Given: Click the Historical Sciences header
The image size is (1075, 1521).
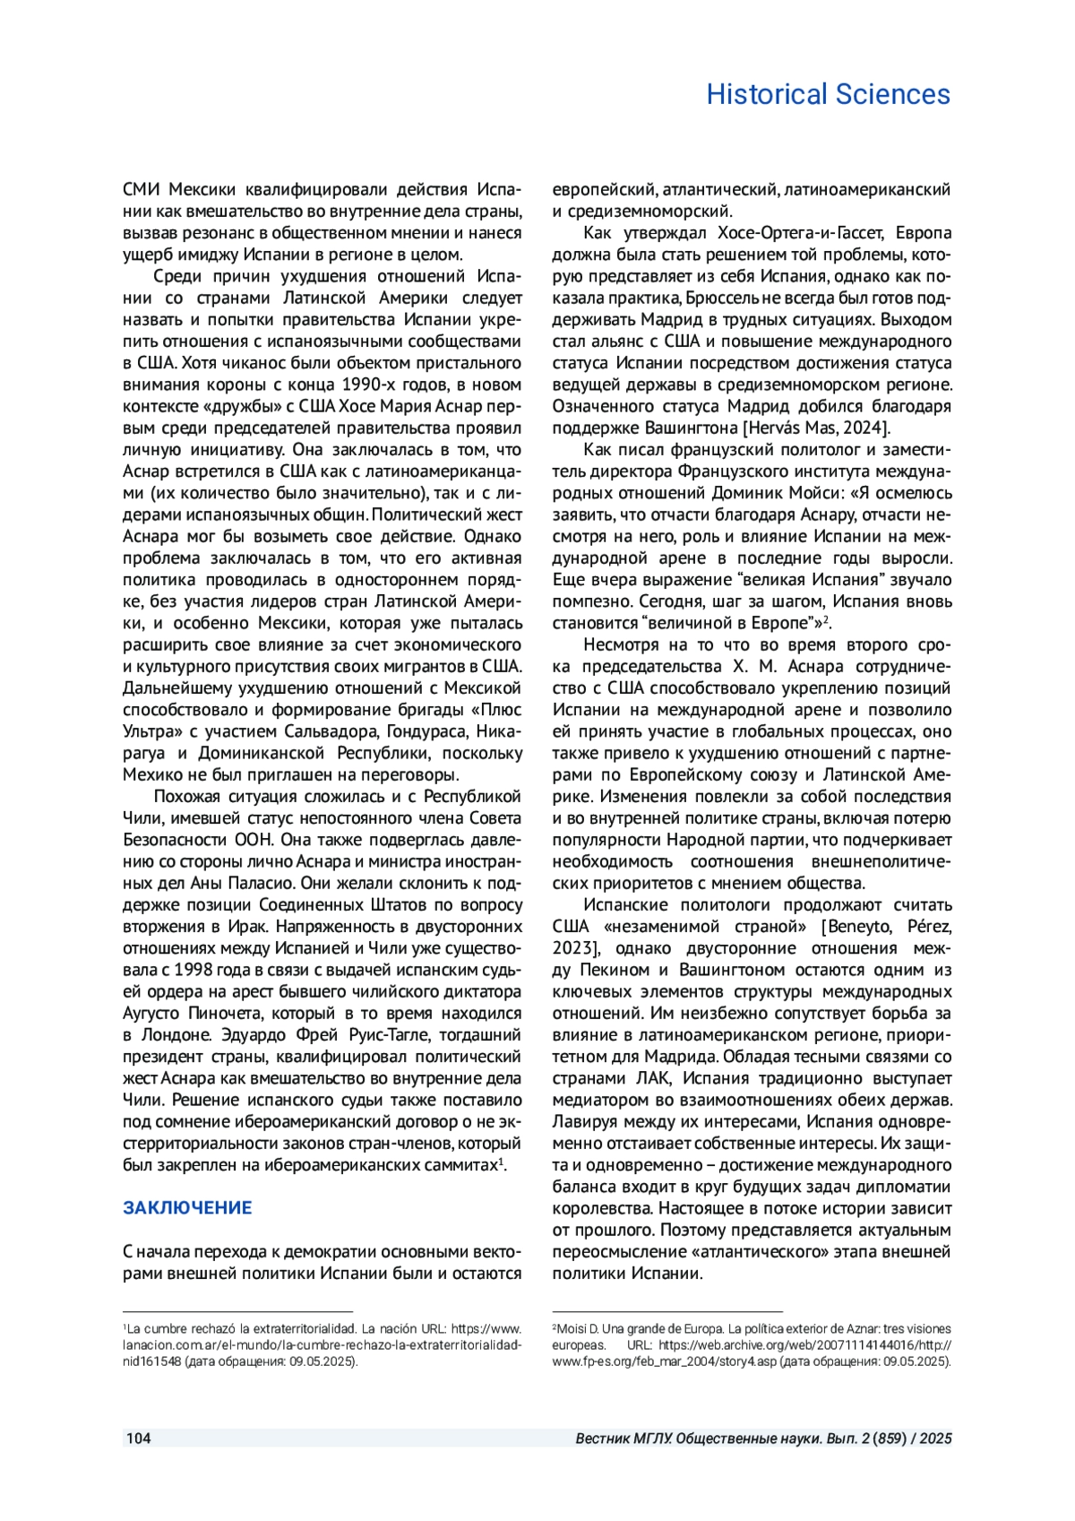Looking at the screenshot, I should point(828,94).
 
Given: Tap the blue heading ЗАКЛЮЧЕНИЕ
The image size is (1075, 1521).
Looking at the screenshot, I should point(187,1207).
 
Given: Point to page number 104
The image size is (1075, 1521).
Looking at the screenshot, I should point(139,1439).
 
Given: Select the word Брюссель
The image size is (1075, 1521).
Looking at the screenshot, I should point(721,298).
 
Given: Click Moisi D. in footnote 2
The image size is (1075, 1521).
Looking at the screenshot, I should point(577,1329).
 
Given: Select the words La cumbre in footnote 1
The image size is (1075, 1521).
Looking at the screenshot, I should point(155,1329).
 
